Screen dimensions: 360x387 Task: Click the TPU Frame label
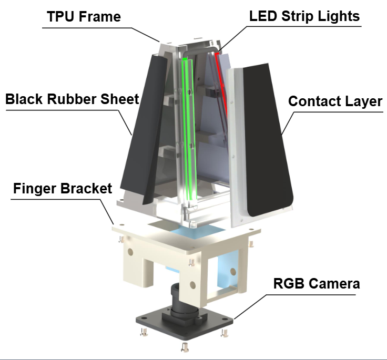tap(84, 16)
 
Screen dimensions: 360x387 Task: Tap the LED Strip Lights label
tap(304, 16)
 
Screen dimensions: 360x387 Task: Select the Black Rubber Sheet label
tap(72, 99)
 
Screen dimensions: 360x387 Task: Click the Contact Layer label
tap(335, 101)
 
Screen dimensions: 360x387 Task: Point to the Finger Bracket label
tap(63, 188)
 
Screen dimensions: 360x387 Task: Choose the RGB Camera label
tap(317, 284)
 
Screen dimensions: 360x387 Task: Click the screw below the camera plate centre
tap(185, 346)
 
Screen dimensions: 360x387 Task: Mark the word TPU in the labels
tap(59, 16)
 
